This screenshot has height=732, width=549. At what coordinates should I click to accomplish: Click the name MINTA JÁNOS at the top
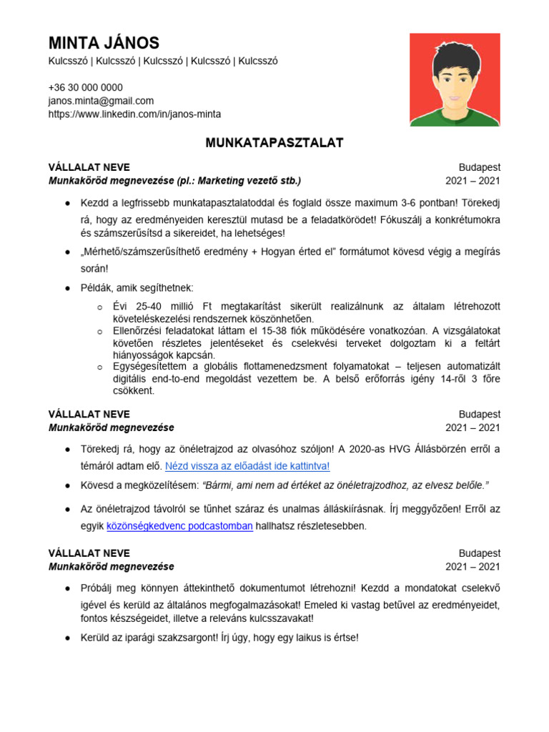[x=104, y=43]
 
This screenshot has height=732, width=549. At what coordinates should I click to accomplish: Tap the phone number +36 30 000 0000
[x=85, y=87]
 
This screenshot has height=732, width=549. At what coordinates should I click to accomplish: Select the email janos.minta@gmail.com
[x=101, y=101]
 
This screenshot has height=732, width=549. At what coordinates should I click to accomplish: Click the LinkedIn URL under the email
[x=134, y=114]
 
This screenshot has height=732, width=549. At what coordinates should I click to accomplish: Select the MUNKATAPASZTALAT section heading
[x=274, y=143]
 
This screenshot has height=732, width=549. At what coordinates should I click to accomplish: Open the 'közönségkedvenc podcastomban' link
[x=179, y=526]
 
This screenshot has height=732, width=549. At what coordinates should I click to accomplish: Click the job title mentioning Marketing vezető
[x=174, y=180]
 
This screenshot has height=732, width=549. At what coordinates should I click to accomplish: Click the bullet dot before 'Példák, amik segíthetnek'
[x=66, y=288]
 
